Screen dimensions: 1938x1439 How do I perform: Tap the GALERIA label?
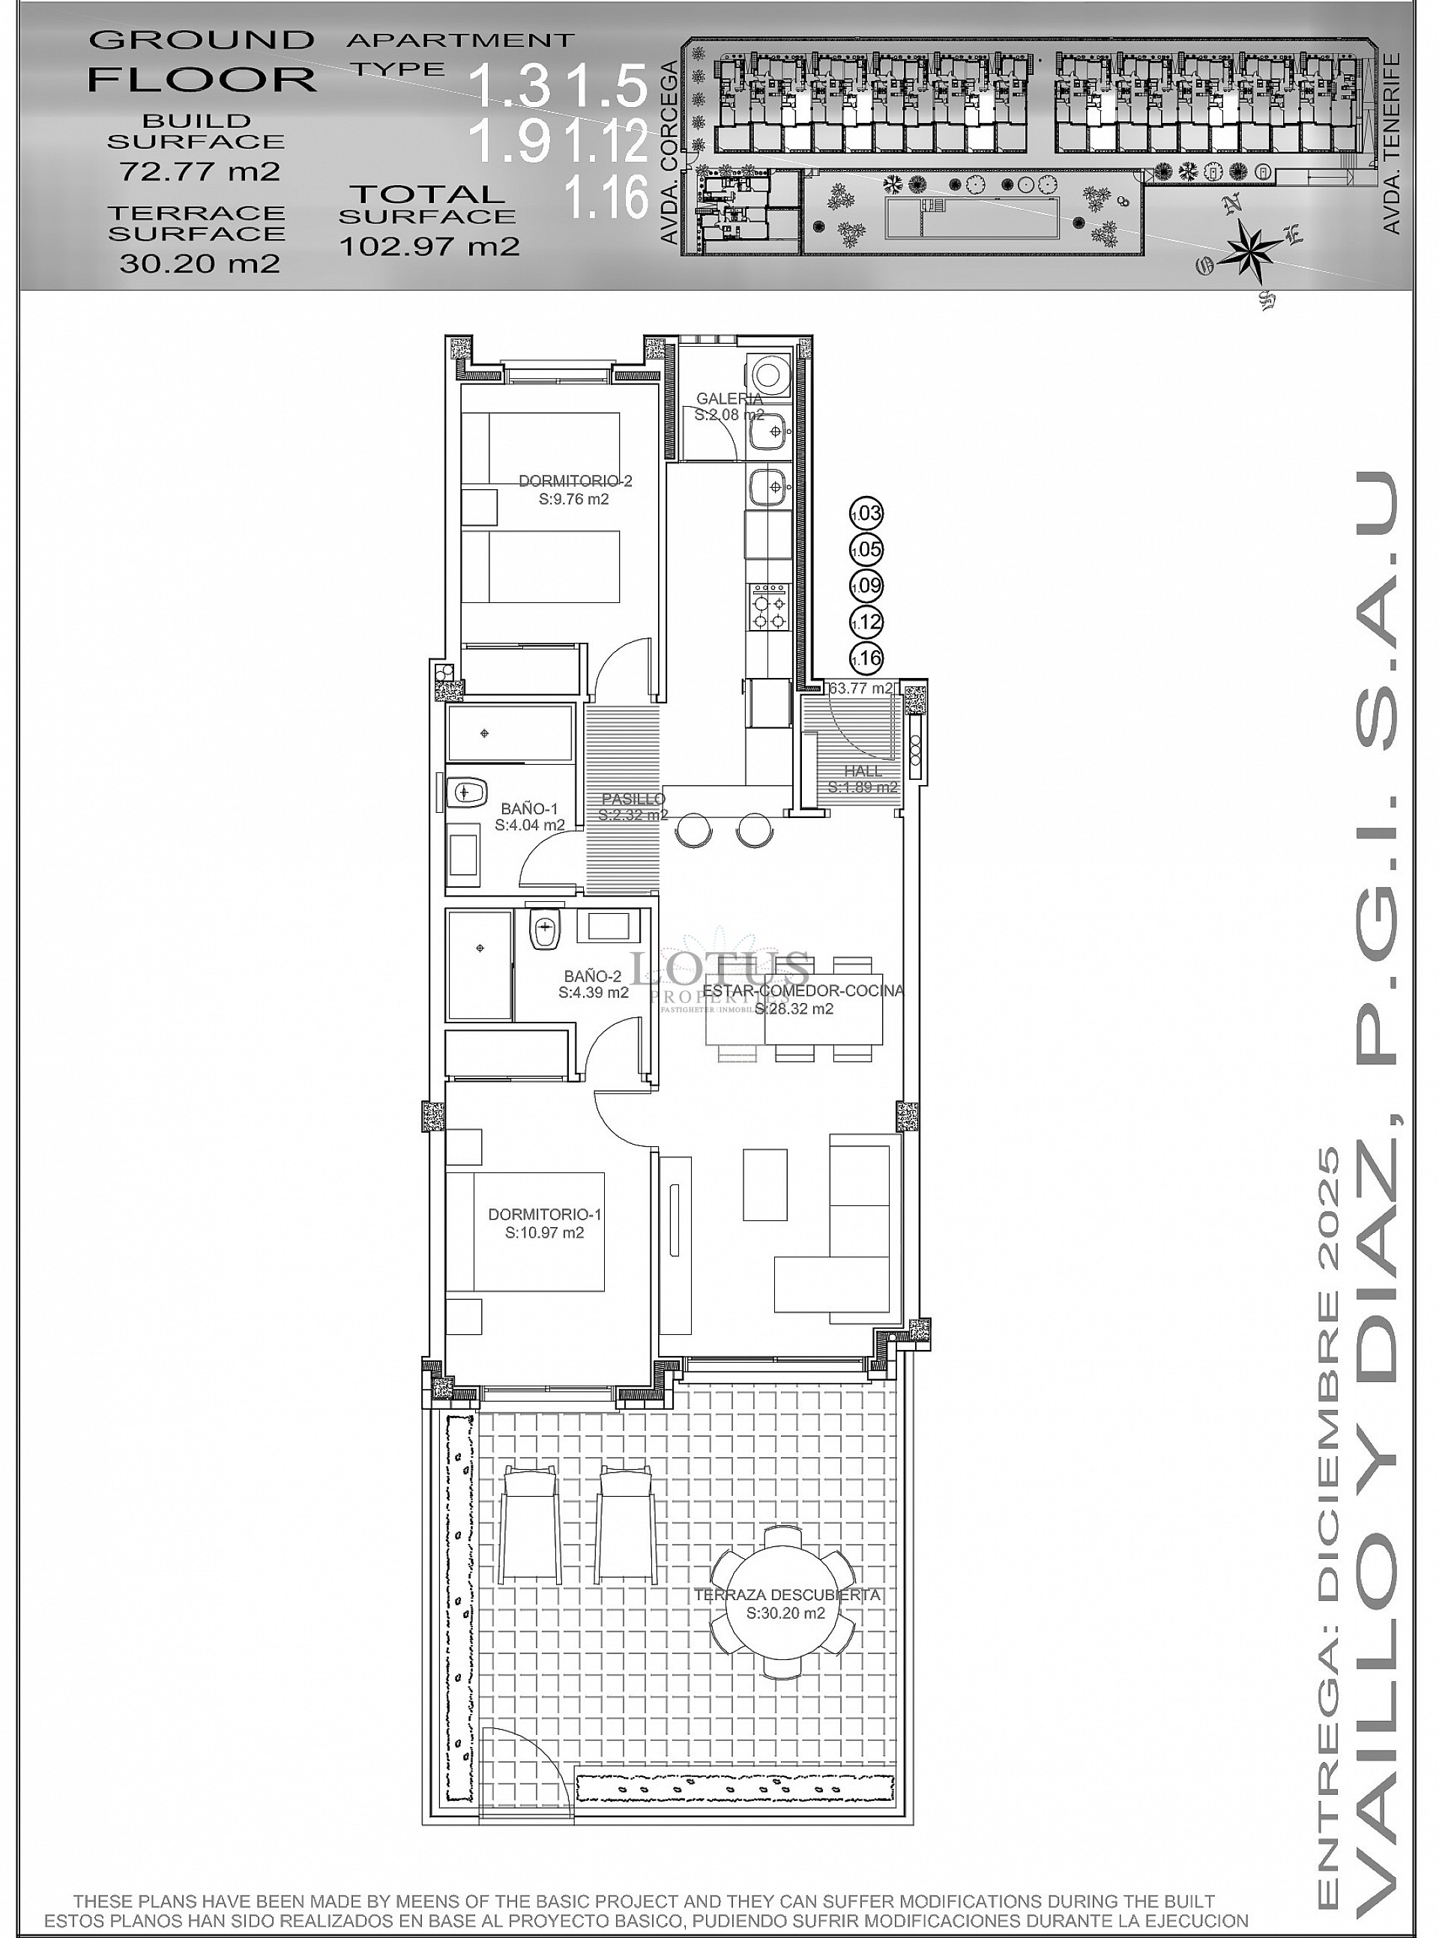pyautogui.click(x=729, y=399)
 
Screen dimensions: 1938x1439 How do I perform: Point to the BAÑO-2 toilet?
pyautogui.click(x=543, y=930)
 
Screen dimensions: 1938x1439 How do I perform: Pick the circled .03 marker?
pyautogui.click(x=866, y=514)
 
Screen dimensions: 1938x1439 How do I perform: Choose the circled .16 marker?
pyautogui.click(x=866, y=658)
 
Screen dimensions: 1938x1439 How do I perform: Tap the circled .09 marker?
pyautogui.click(x=866, y=586)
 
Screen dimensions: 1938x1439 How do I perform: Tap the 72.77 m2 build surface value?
pyautogui.click(x=199, y=171)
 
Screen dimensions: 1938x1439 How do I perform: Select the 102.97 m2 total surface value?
pyautogui.click(x=429, y=246)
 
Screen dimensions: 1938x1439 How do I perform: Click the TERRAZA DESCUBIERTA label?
pyautogui.click(x=786, y=1595)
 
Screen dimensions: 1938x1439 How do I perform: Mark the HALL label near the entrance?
pyautogui.click(x=863, y=772)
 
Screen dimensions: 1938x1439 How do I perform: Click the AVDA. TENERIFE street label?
pyautogui.click(x=1391, y=145)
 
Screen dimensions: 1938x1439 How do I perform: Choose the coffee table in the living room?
pyautogui.click(x=764, y=1184)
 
